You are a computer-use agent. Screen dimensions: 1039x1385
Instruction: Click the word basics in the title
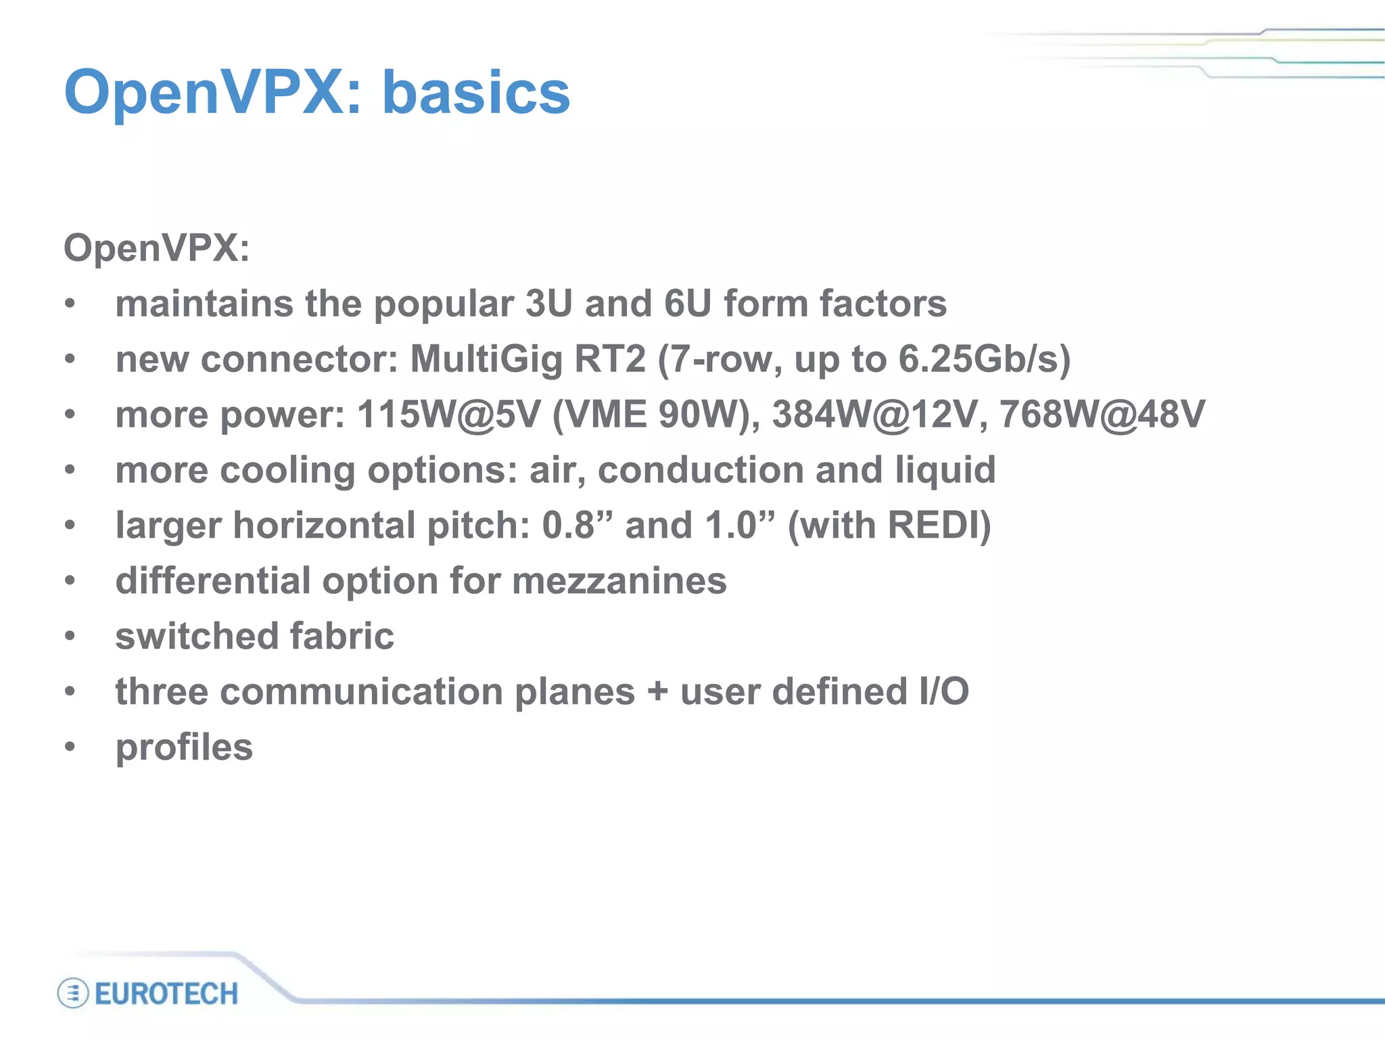[476, 93]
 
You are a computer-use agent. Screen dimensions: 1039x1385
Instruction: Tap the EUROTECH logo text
[166, 994]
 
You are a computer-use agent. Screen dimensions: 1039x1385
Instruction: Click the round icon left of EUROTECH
[72, 994]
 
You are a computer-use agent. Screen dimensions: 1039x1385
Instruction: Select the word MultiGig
[486, 359]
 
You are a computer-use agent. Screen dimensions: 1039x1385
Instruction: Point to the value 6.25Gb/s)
[984, 359]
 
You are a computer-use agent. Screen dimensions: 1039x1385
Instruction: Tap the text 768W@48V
[1102, 414]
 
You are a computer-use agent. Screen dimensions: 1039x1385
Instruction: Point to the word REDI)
[939, 525]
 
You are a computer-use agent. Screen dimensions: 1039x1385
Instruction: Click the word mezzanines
[619, 581]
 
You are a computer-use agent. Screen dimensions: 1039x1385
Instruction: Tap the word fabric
[342, 637]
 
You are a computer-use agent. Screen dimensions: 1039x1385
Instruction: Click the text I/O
[943, 691]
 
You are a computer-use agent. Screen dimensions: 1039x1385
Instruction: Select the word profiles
[184, 748]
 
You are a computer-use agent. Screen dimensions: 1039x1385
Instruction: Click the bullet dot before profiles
[70, 747]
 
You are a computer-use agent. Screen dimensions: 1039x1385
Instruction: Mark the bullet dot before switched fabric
[70, 637]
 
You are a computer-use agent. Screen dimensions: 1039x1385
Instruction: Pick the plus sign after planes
[657, 693]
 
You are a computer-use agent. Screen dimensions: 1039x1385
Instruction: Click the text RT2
[610, 359]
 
